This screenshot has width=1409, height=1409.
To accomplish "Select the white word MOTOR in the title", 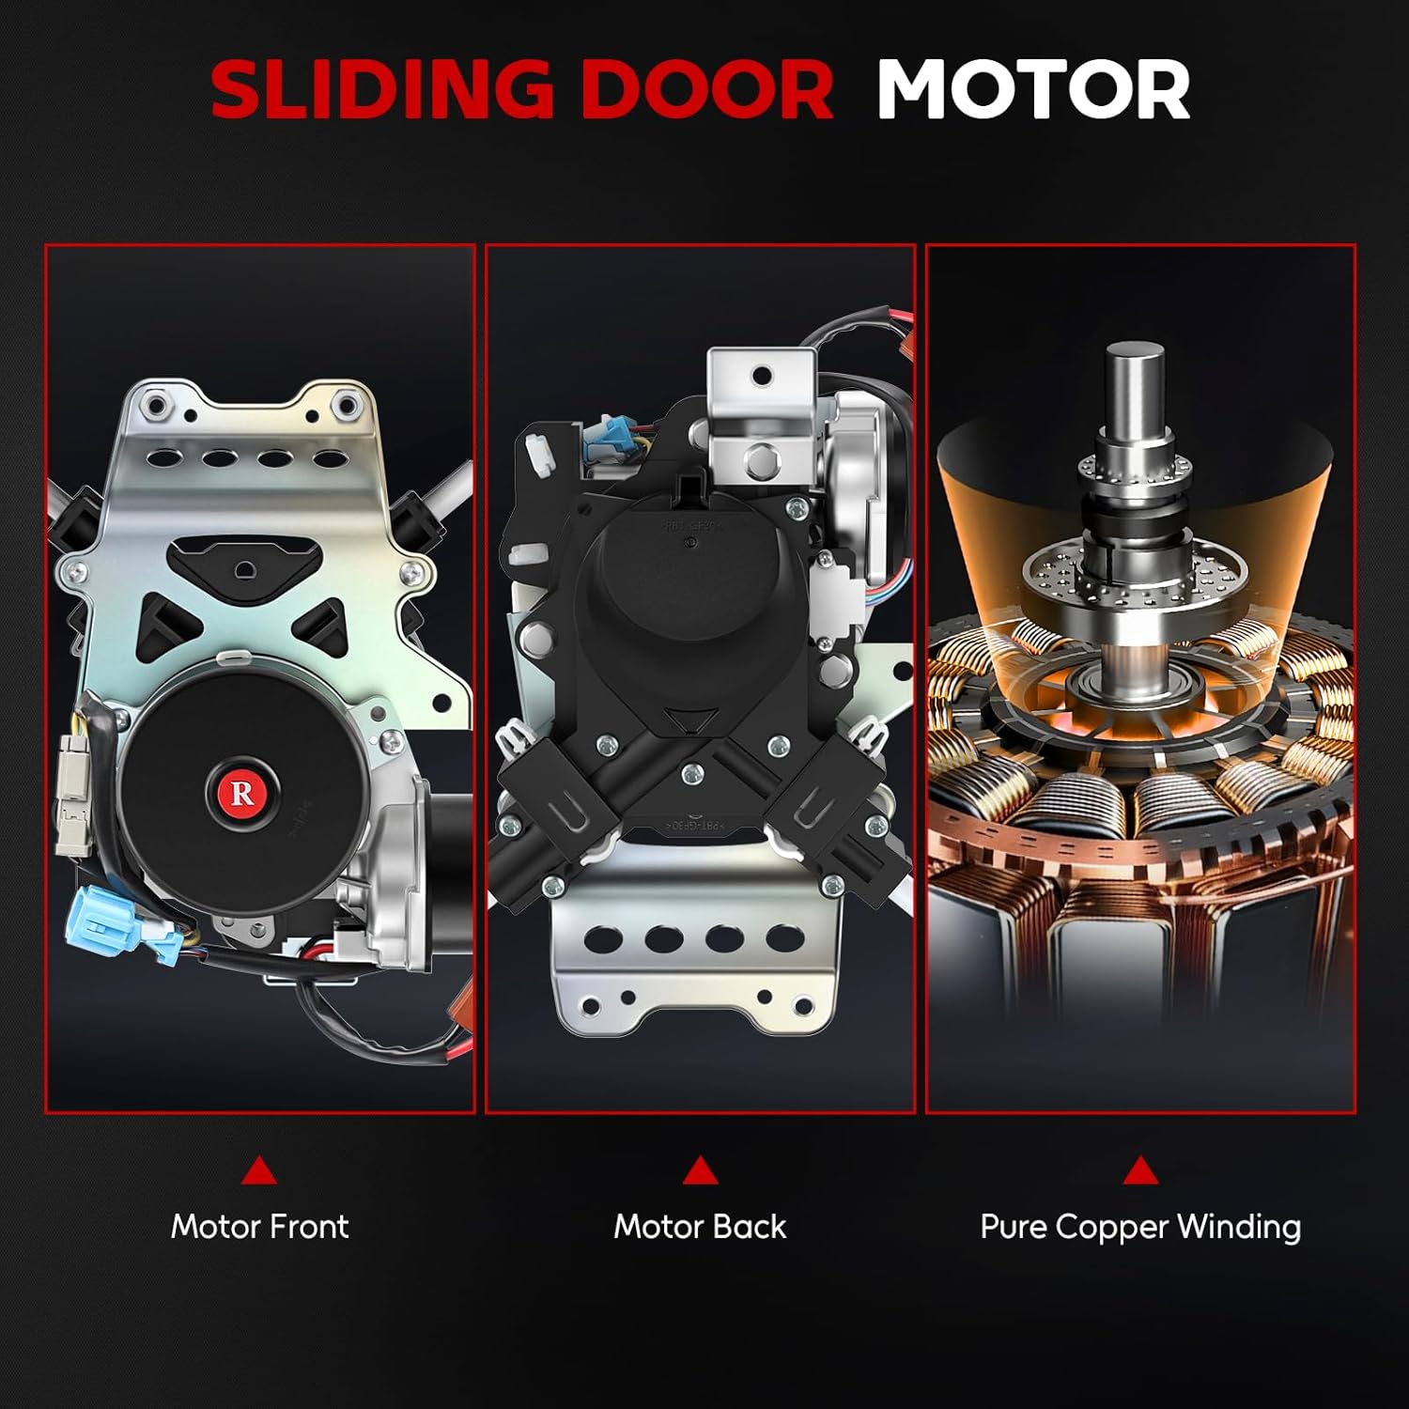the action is (1033, 89).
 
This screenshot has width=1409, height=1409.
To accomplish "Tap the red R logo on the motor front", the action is (241, 794).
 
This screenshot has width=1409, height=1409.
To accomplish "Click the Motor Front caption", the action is (259, 1226).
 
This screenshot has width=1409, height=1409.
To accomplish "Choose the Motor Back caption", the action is (700, 1226).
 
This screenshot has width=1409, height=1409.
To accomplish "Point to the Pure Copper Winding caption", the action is (1140, 1227).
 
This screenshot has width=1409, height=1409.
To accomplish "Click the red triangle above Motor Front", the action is (258, 1170).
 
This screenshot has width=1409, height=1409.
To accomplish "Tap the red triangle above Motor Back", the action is (700, 1170).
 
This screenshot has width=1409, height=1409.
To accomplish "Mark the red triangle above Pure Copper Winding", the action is (1140, 1170).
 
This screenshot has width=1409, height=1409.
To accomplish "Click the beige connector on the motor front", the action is (72, 794).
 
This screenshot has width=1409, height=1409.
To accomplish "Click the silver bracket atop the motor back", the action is (759, 404).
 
